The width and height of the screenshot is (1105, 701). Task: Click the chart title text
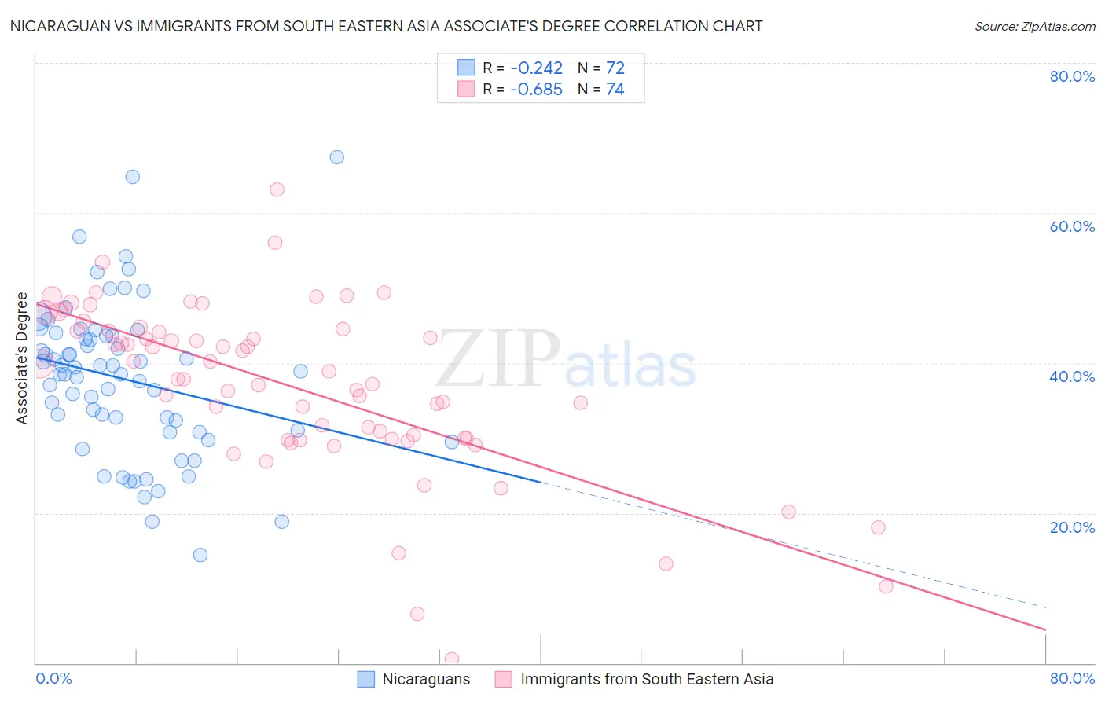[386, 27]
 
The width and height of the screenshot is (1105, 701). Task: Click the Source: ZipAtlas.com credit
[1034, 27]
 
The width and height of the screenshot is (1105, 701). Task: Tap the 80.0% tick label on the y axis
[1072, 76]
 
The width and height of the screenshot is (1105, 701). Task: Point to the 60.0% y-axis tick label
[1072, 226]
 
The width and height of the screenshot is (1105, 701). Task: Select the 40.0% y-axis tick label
[1072, 376]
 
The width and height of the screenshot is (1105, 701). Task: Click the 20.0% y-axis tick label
[1072, 527]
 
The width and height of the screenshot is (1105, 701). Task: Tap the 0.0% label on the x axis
[53, 678]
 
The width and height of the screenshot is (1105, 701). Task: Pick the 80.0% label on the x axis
[1072, 678]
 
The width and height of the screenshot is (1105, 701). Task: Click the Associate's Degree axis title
[22, 358]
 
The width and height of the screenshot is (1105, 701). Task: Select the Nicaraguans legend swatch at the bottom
[365, 679]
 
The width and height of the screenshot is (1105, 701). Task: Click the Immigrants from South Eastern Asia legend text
[647, 679]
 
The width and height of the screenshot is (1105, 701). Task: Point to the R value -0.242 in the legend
[536, 68]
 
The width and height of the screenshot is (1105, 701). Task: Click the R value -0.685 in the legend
[536, 90]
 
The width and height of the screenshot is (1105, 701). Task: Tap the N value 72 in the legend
[615, 68]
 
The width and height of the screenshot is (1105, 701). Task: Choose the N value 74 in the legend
[615, 90]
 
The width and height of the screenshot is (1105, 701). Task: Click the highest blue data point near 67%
[336, 157]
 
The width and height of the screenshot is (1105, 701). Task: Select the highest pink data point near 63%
[277, 189]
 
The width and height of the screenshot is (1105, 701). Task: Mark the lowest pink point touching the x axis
[451, 659]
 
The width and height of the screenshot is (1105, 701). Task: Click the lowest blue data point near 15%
[200, 555]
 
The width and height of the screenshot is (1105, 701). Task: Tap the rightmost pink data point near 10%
[886, 586]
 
